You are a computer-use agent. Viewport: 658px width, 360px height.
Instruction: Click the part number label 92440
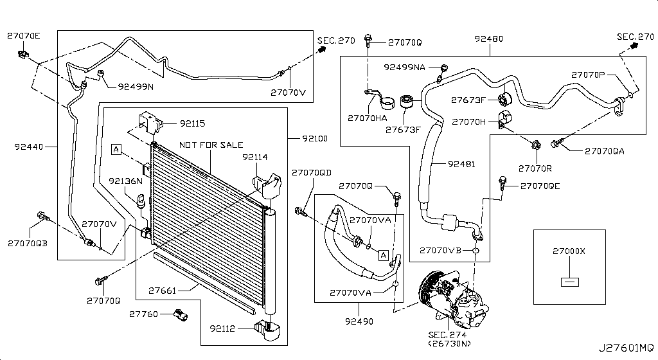click(29, 147)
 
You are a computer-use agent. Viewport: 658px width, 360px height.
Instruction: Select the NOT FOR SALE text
click(211, 145)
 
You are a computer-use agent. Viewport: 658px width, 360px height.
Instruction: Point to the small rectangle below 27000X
click(569, 282)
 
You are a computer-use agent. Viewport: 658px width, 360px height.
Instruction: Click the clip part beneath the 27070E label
click(22, 55)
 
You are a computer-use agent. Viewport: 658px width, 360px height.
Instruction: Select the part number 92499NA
click(405, 67)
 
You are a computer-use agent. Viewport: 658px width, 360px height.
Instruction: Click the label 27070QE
click(540, 186)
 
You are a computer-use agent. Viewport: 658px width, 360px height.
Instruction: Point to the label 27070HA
click(367, 118)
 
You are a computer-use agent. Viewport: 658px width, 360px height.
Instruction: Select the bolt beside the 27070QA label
click(557, 144)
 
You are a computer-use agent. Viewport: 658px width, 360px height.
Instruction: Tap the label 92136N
click(125, 181)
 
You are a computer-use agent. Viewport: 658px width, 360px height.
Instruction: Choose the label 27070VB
click(440, 250)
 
